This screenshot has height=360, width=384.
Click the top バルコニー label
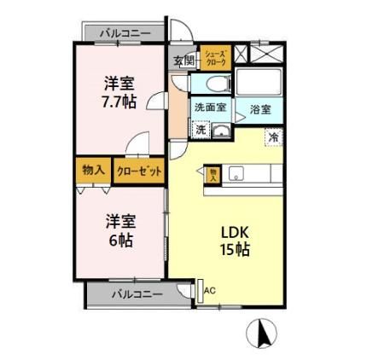(125, 32)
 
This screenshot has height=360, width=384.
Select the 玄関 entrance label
(184, 60)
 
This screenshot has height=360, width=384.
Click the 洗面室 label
(209, 108)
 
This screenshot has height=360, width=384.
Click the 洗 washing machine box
(200, 131)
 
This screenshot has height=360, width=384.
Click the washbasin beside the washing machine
(220, 131)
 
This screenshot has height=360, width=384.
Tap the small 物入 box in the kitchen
(213, 174)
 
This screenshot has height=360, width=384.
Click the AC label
(210, 290)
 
